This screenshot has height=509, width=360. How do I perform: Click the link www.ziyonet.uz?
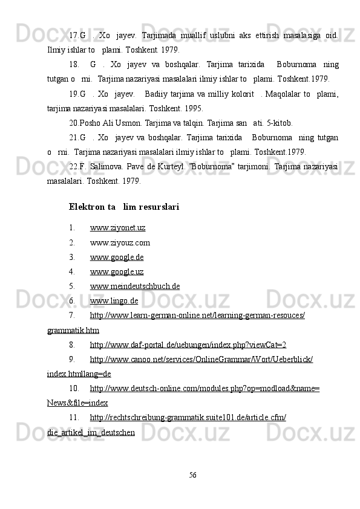point(117,227)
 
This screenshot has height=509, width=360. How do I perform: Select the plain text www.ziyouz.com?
point(120,243)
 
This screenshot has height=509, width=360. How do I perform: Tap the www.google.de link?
point(117,257)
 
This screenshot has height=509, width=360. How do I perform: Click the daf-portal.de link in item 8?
point(188,345)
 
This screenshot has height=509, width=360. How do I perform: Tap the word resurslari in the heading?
point(159,207)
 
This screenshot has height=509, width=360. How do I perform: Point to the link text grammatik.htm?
point(73,330)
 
